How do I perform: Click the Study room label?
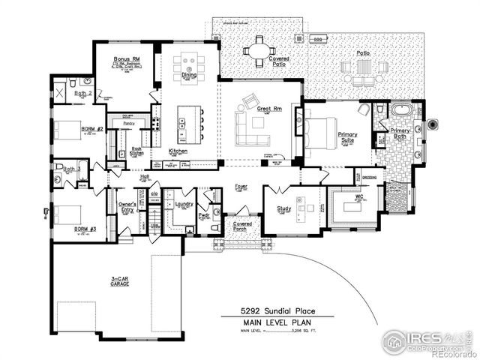pyautogui.click(x=283, y=209)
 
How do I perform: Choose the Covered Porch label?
pyautogui.click(x=242, y=226)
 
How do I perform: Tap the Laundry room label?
pyautogui.click(x=184, y=203)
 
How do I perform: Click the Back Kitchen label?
pyautogui.click(x=136, y=151)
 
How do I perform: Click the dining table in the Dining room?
pyautogui.click(x=189, y=64)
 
